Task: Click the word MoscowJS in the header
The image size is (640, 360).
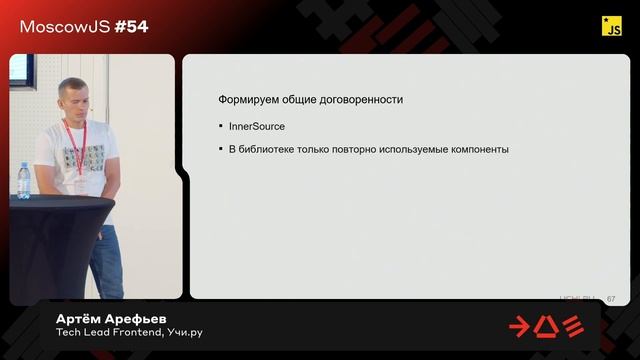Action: tap(58, 27)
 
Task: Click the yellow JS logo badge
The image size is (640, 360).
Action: tap(612, 27)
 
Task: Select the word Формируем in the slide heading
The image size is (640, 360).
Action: tap(246, 100)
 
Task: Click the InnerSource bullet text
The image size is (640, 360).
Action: tap(257, 126)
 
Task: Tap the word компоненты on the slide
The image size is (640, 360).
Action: tap(476, 149)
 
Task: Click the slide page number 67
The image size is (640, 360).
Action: tap(611, 299)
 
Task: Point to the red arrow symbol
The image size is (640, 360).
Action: tap(521, 326)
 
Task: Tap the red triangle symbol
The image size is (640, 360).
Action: tap(547, 326)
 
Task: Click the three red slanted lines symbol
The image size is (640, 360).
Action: tap(573, 326)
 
